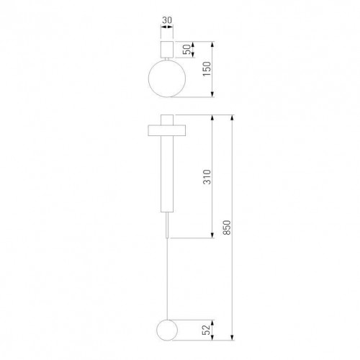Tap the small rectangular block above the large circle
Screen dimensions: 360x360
point(167,49)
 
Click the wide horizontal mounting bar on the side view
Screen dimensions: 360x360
point(166,130)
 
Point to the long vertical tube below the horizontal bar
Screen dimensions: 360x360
point(166,173)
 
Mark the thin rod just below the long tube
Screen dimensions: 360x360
point(166,225)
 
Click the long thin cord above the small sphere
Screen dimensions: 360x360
point(166,281)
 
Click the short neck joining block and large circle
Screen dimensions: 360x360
point(167,59)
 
